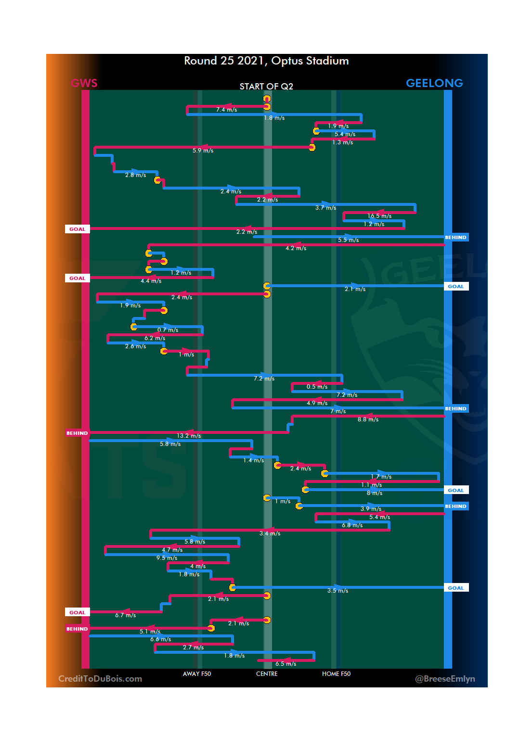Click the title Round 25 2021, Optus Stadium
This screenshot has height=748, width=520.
[x=266, y=61]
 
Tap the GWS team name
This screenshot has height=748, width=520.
[x=84, y=83]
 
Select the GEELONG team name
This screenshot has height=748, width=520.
[x=434, y=83]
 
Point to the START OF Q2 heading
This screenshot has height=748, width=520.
[x=266, y=87]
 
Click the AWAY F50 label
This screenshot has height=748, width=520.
[x=197, y=674]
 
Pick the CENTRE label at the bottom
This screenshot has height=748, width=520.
[x=267, y=674]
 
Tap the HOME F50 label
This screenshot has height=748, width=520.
[x=336, y=674]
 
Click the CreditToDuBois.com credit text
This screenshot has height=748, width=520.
[x=100, y=679]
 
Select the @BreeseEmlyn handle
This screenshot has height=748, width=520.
[x=445, y=679]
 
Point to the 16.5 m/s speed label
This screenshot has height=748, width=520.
[x=379, y=216]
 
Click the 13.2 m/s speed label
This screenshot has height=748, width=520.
[x=189, y=436]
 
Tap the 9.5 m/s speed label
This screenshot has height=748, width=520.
[x=167, y=558]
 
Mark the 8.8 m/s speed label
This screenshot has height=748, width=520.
[x=368, y=419]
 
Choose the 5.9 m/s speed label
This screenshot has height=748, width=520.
[x=203, y=151]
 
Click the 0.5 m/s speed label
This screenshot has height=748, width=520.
[x=317, y=387]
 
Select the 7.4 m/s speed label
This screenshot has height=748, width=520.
[x=226, y=110]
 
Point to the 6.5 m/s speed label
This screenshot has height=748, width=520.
[x=286, y=664]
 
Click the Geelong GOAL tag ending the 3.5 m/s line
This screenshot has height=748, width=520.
[x=455, y=588]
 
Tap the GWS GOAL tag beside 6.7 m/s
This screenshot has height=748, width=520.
[x=77, y=612]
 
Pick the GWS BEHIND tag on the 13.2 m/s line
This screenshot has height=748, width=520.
[x=77, y=433]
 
